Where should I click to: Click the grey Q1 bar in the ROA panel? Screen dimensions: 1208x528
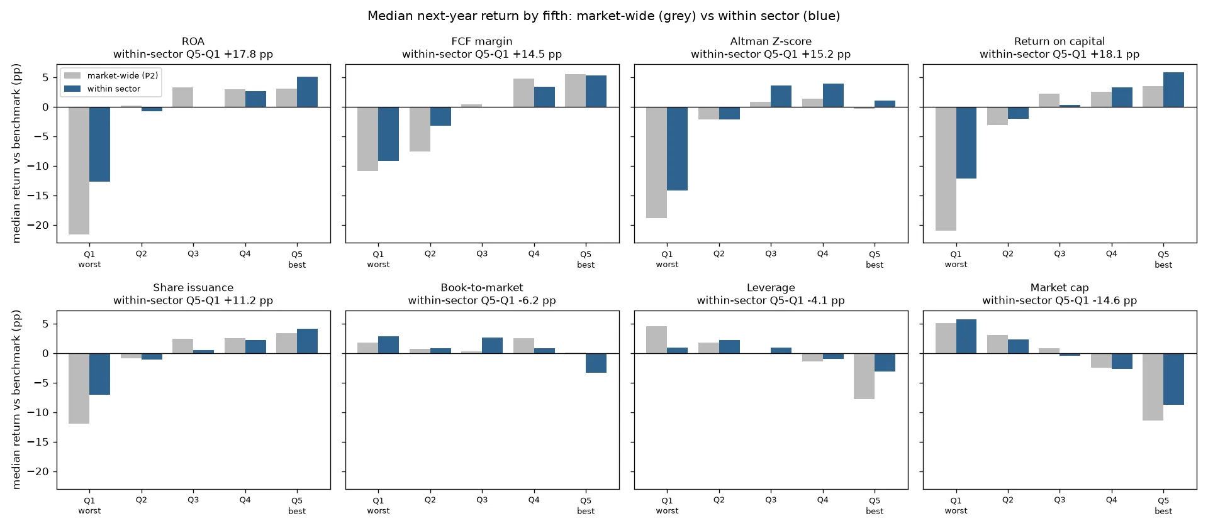click(79, 170)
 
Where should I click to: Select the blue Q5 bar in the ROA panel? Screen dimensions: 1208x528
click(307, 92)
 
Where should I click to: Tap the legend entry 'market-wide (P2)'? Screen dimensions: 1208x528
click(111, 75)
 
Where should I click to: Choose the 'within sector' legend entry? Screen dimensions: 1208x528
click(103, 89)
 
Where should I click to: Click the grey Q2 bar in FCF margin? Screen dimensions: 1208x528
click(420, 129)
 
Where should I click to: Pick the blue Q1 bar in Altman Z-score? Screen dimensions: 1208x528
click(677, 148)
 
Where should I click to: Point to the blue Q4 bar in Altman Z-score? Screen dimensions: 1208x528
click(833, 95)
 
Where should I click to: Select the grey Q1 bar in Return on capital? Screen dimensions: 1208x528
click(946, 168)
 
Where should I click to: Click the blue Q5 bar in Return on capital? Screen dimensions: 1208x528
click(1173, 89)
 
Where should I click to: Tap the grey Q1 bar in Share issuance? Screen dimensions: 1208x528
click(79, 388)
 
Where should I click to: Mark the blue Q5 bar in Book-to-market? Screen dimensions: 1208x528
click(596, 363)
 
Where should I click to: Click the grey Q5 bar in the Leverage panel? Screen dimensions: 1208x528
click(864, 376)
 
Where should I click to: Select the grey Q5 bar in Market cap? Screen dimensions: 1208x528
click(1153, 387)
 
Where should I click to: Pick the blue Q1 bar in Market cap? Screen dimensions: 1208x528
click(966, 336)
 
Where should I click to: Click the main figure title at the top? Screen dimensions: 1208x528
click(604, 16)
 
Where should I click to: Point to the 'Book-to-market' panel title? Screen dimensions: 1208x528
click(482, 287)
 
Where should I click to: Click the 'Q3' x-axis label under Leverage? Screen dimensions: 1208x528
click(771, 500)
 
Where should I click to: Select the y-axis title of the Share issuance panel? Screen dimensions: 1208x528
click(16, 399)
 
